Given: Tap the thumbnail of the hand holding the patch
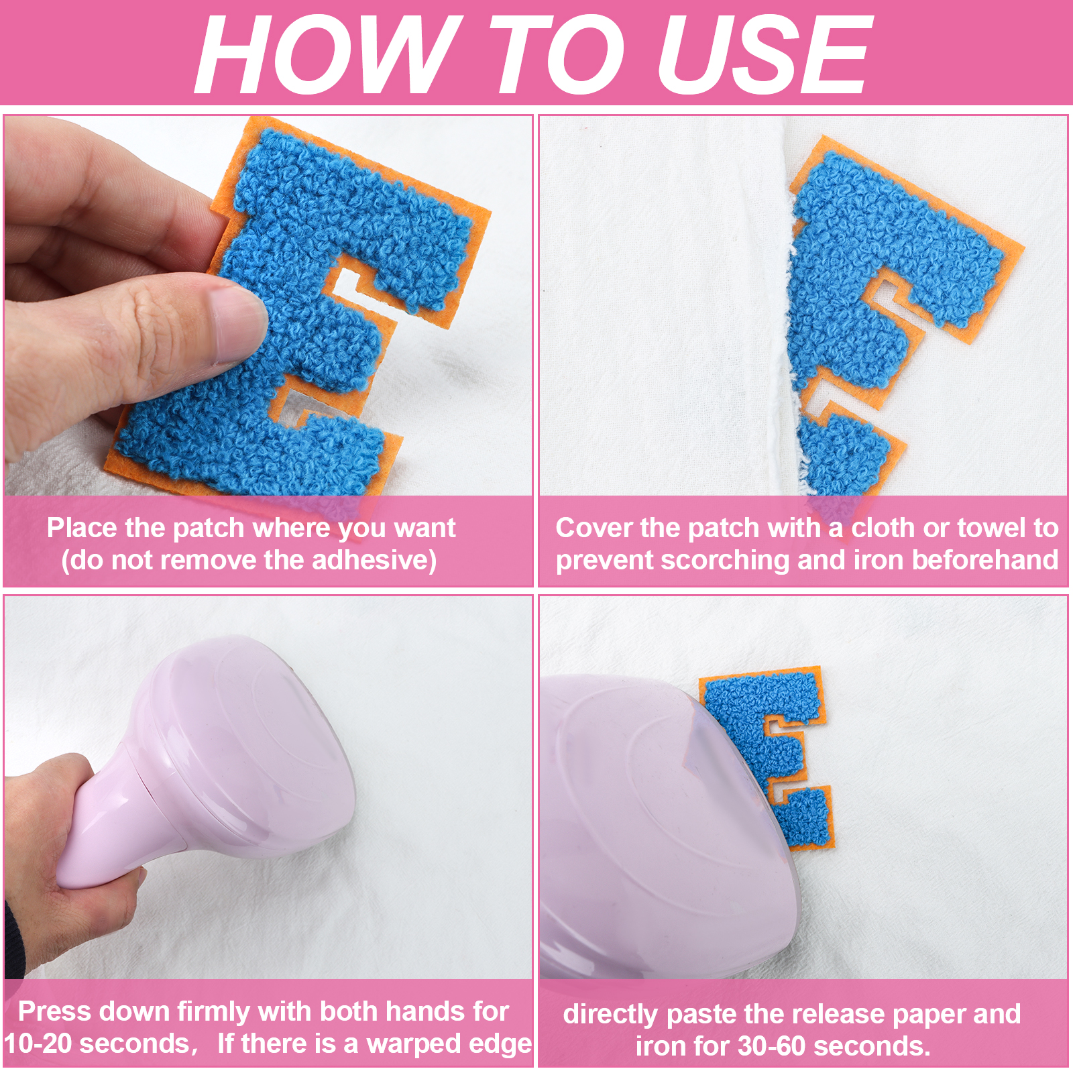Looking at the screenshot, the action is (x=268, y=306).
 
